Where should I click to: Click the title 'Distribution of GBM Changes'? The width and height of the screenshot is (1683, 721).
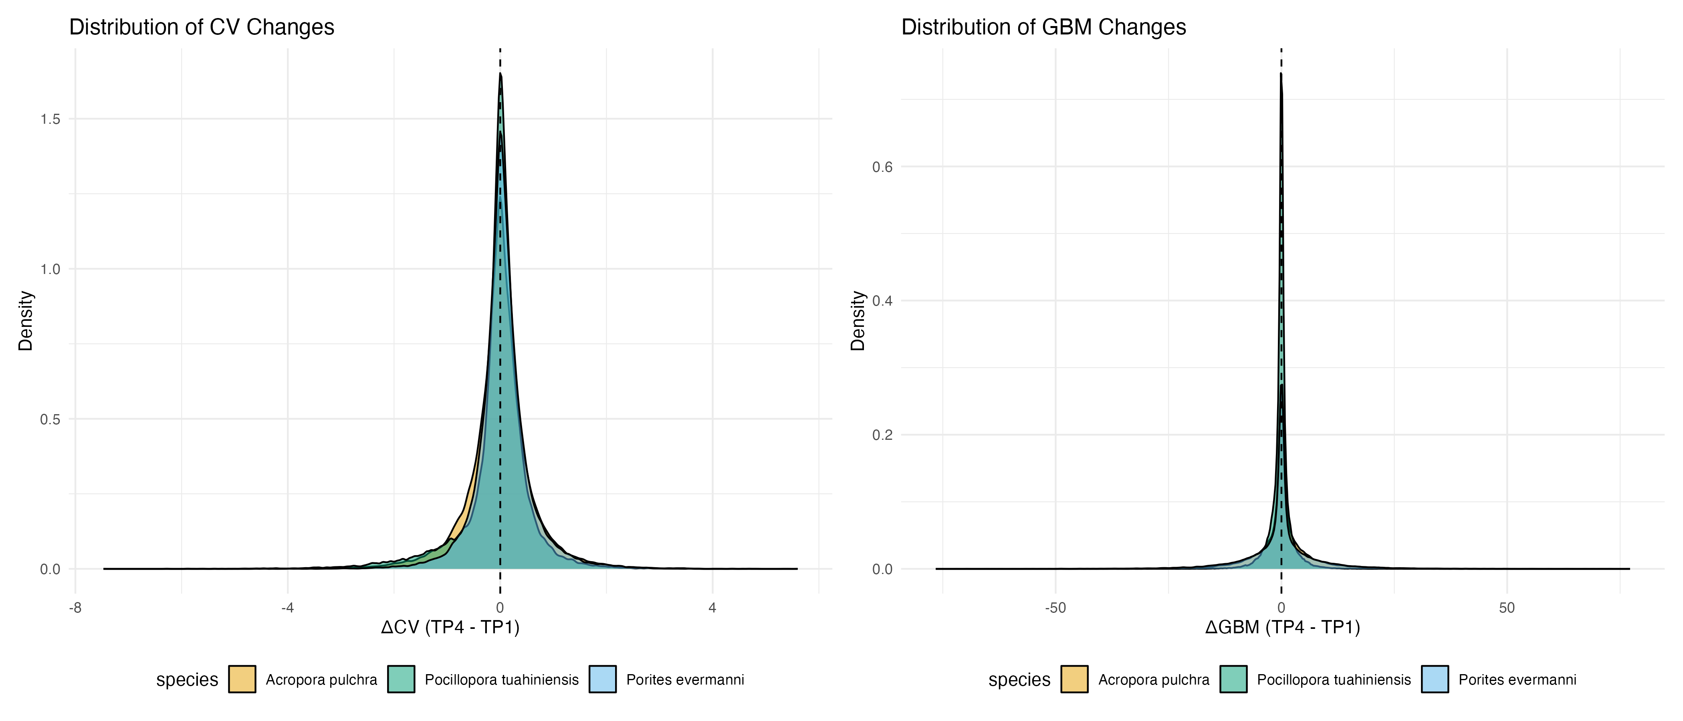click(1043, 27)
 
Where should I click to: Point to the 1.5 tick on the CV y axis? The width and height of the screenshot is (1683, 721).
click(50, 119)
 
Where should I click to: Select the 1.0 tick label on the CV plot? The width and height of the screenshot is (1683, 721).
click(50, 269)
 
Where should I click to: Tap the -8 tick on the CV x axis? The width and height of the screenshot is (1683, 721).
click(75, 608)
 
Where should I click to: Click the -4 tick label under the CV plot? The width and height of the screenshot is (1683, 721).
click(287, 608)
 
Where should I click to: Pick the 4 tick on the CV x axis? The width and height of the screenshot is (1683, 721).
click(712, 608)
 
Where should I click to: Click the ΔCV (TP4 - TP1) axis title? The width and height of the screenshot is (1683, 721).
click(450, 628)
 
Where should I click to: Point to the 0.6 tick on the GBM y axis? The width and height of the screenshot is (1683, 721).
click(882, 167)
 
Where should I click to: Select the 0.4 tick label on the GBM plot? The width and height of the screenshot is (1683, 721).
click(882, 301)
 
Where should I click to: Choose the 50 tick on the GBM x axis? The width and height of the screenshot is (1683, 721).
click(1507, 608)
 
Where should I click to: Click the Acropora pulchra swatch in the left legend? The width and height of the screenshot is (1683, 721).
click(242, 679)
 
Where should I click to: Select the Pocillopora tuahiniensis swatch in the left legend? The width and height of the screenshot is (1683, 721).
click(401, 679)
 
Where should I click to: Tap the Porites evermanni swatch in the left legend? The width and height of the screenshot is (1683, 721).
click(602, 679)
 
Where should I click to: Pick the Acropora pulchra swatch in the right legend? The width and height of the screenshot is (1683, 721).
click(1074, 679)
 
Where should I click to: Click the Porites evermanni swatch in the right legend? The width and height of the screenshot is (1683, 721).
click(1435, 679)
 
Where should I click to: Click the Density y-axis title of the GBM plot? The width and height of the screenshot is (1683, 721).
click(857, 321)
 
